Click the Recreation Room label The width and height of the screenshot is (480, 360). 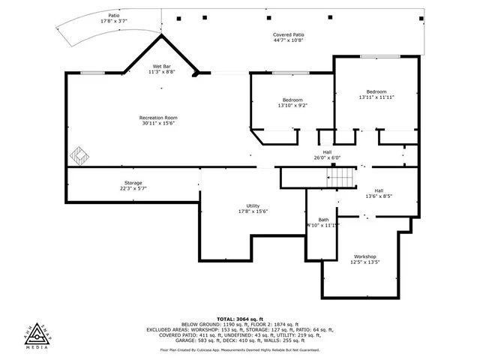(158, 117)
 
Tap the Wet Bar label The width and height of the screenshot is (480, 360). (163, 67)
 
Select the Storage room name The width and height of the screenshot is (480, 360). (133, 183)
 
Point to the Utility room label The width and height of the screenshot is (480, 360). (253, 205)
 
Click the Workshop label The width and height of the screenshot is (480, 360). (365, 256)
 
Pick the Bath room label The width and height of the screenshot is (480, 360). (323, 219)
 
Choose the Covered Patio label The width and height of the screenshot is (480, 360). (288, 34)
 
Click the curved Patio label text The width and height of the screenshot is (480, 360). (113, 15)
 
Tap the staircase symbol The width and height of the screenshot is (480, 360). (341, 178)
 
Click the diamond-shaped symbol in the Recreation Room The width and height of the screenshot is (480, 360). (80, 156)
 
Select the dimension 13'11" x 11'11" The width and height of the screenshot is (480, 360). (376, 97)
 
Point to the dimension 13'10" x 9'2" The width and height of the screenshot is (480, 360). (292, 106)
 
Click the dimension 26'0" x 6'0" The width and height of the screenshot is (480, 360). (327, 157)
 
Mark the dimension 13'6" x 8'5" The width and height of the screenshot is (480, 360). (379, 196)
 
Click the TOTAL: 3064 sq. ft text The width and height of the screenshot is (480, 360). (239, 319)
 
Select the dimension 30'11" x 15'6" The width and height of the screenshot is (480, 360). (158, 123)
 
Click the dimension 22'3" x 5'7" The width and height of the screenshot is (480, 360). (133, 189)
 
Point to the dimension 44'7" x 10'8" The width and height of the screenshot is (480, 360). (288, 40)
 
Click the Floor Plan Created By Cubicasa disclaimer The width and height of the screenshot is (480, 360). (239, 349)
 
